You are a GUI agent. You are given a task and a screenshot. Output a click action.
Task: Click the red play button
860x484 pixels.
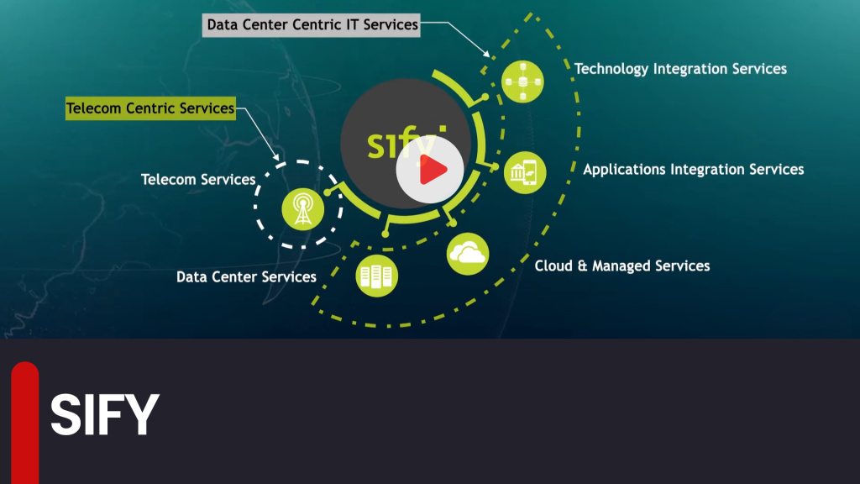431,171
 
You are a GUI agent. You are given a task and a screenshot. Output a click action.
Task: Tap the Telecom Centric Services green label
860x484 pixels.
150,108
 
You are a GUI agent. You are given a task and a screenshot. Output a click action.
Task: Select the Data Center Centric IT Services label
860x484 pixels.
312,25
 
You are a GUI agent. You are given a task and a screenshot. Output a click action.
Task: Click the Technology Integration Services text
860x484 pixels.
680,69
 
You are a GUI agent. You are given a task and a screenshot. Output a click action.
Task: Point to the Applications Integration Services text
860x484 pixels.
693,170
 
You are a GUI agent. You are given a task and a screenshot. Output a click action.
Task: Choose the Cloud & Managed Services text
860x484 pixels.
622,266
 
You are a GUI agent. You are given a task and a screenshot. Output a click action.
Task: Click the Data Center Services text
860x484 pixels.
246,276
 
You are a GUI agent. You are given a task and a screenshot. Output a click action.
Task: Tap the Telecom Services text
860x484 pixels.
198,180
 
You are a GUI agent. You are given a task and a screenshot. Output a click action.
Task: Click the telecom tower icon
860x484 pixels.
300,208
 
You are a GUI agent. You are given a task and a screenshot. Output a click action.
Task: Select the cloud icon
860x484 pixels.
468,253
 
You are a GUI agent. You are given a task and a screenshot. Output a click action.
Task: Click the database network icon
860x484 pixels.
522,82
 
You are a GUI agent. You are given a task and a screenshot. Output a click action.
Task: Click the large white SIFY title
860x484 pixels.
105,413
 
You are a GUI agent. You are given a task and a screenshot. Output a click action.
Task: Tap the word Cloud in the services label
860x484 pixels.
553,266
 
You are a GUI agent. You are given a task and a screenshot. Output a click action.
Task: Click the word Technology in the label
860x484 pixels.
611,69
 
